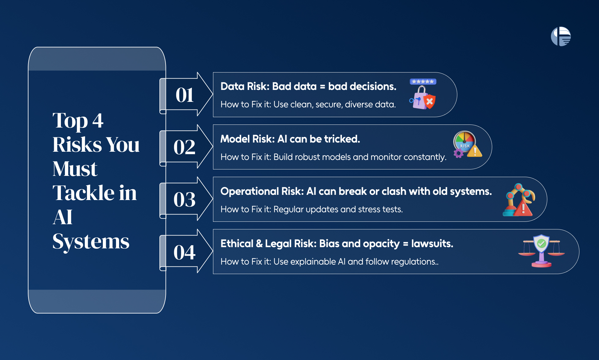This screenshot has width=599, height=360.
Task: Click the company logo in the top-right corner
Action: coord(561,36)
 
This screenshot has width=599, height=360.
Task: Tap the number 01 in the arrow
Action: coord(185,95)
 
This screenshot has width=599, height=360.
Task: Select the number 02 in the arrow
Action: coord(184,147)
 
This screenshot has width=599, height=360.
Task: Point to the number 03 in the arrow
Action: coord(184,199)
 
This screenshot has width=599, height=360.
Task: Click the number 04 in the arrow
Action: coord(184,252)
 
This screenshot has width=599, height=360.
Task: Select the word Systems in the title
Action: coord(91,242)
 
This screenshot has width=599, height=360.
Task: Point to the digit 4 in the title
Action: coord(98,121)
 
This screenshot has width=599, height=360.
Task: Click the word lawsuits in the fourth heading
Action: coord(432,243)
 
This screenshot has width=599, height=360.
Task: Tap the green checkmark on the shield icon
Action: coord(541,244)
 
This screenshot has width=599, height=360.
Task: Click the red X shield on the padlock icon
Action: coord(430,101)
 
